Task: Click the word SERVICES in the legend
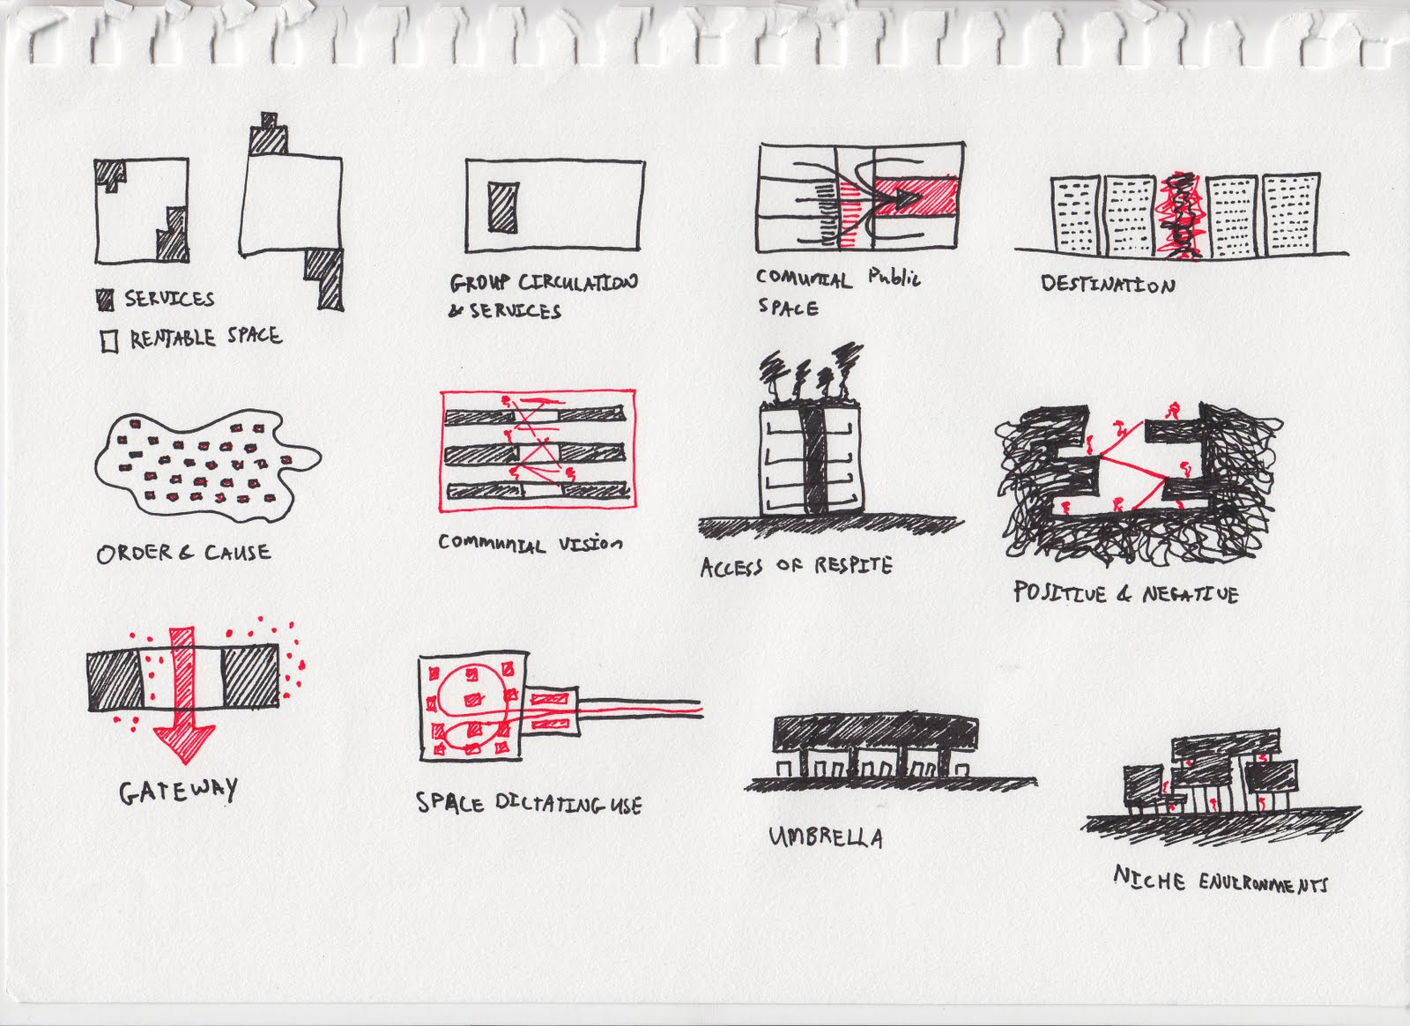[169, 299]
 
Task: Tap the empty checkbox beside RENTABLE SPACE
[109, 341]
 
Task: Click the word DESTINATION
[1108, 285]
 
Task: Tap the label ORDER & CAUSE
[183, 554]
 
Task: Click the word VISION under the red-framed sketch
[590, 544]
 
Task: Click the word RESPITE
[852, 565]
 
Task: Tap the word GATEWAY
[178, 792]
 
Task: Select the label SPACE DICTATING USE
[529, 804]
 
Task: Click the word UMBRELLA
[826, 836]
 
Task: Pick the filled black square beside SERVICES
[106, 300]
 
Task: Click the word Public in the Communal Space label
[894, 278]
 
